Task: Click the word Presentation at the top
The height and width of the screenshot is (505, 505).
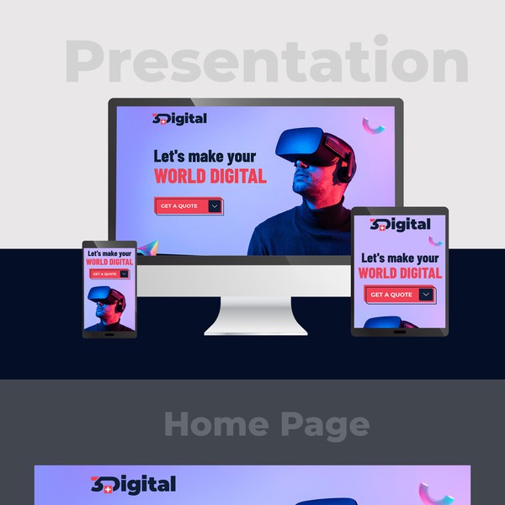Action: pyautogui.click(x=267, y=61)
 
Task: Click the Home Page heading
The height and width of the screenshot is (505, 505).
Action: pyautogui.click(x=266, y=424)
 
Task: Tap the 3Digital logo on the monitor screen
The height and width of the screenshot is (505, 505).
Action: pyautogui.click(x=179, y=119)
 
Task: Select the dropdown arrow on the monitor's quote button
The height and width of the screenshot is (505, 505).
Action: pyautogui.click(x=215, y=206)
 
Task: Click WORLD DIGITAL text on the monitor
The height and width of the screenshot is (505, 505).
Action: pyautogui.click(x=210, y=176)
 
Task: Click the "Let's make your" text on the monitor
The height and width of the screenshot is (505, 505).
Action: pyautogui.click(x=205, y=156)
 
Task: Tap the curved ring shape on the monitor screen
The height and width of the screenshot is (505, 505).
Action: pyautogui.click(x=374, y=125)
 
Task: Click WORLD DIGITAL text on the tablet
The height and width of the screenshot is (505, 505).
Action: pyautogui.click(x=400, y=273)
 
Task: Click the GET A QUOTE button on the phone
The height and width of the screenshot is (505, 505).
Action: pyautogui.click(x=105, y=274)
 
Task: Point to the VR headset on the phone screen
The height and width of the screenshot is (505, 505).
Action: pyautogui.click(x=104, y=295)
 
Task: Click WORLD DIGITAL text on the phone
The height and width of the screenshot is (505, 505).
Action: pyautogui.click(x=109, y=262)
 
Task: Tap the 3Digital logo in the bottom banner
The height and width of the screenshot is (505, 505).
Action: pyautogui.click(x=134, y=485)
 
